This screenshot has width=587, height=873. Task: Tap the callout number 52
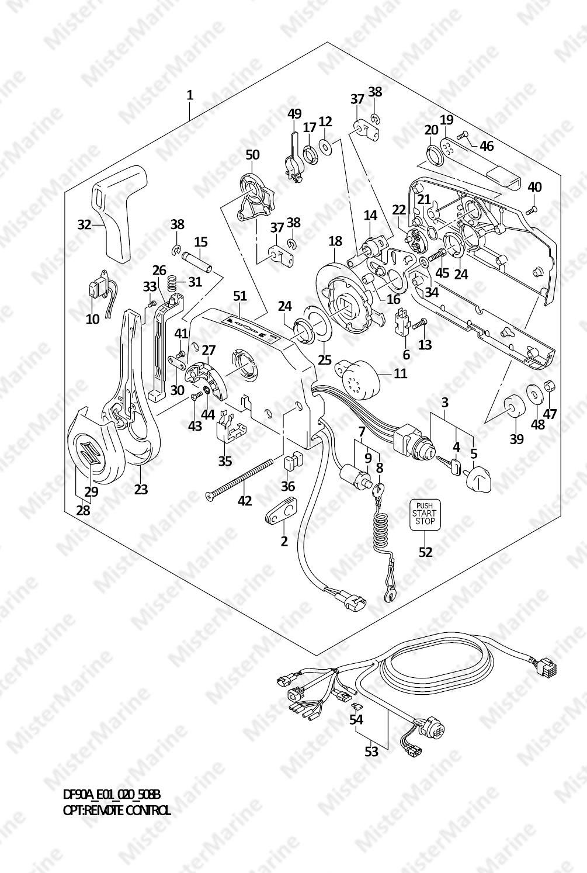(425, 552)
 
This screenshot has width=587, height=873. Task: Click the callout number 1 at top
(190, 95)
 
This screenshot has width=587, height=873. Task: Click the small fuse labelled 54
(356, 705)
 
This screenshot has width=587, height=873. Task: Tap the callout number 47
(550, 413)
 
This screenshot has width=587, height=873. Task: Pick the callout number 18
(335, 242)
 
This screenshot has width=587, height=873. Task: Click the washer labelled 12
(325, 146)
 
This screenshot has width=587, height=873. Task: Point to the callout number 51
(240, 296)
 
